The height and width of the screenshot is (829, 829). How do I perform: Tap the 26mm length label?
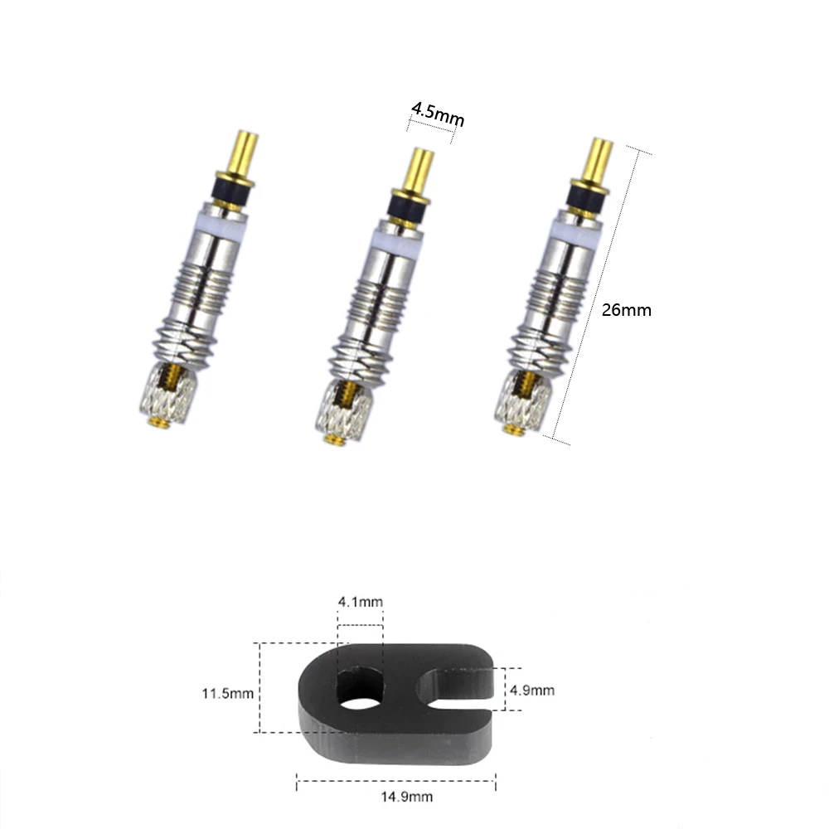point(627,310)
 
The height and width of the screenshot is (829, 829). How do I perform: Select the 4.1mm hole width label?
point(360,602)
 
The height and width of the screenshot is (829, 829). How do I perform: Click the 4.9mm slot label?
point(532,690)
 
